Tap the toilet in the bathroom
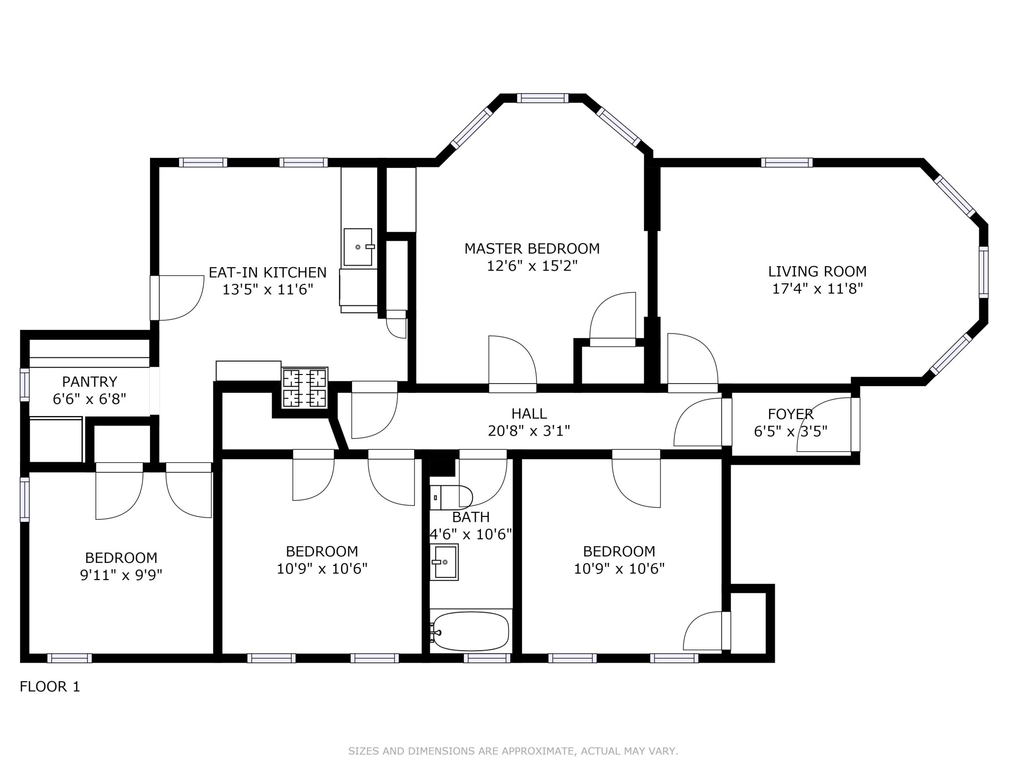451,498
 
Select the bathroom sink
444,562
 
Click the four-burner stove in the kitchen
304,388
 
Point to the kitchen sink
358,247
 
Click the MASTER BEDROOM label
532,249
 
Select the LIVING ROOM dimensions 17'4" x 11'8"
817,289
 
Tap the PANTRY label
89,382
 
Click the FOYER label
790,414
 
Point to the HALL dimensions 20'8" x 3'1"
529,431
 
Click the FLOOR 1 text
50,687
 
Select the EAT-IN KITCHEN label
267,273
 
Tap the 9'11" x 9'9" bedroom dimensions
121,574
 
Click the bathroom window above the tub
486,658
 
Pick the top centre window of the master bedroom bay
543,98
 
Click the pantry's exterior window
25,384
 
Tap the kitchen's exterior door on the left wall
155,298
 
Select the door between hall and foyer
726,422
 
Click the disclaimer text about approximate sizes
513,751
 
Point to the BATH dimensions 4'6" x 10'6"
470,534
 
